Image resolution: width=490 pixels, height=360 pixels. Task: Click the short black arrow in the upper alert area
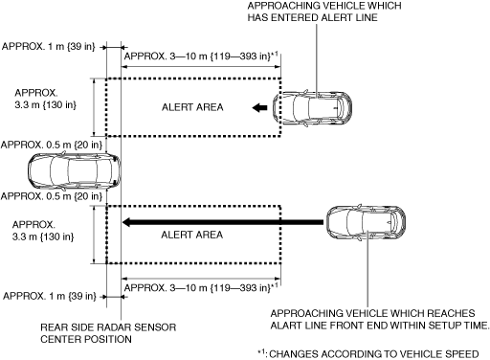tap(260, 108)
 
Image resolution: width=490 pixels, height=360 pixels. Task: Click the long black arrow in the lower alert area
tap(223, 222)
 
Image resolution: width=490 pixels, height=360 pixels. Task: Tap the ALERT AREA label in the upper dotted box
tap(192, 107)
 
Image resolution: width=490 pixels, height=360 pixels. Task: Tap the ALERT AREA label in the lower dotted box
tap(191, 235)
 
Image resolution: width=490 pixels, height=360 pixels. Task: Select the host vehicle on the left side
tap(75, 171)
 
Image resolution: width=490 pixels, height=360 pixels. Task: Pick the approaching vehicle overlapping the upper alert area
tap(312, 108)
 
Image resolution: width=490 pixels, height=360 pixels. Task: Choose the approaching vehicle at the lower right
tap(367, 222)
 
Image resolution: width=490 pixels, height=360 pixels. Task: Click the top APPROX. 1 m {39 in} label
tap(49, 47)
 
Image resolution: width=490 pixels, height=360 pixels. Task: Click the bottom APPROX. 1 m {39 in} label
tap(50, 296)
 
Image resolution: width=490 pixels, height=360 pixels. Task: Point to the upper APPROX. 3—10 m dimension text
tap(201, 56)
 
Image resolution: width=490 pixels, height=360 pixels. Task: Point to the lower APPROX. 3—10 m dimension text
tap(201, 287)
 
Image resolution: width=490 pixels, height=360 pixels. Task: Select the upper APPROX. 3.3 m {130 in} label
tap(45, 99)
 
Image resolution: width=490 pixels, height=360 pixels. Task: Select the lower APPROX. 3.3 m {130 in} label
tap(43, 231)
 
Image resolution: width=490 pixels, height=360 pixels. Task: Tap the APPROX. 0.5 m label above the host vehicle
tap(52, 145)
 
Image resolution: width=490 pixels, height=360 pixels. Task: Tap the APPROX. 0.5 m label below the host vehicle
tap(52, 196)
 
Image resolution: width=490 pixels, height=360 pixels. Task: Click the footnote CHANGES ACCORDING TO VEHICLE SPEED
tap(374, 354)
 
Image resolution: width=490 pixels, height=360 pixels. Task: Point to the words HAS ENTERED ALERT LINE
tap(313, 17)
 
